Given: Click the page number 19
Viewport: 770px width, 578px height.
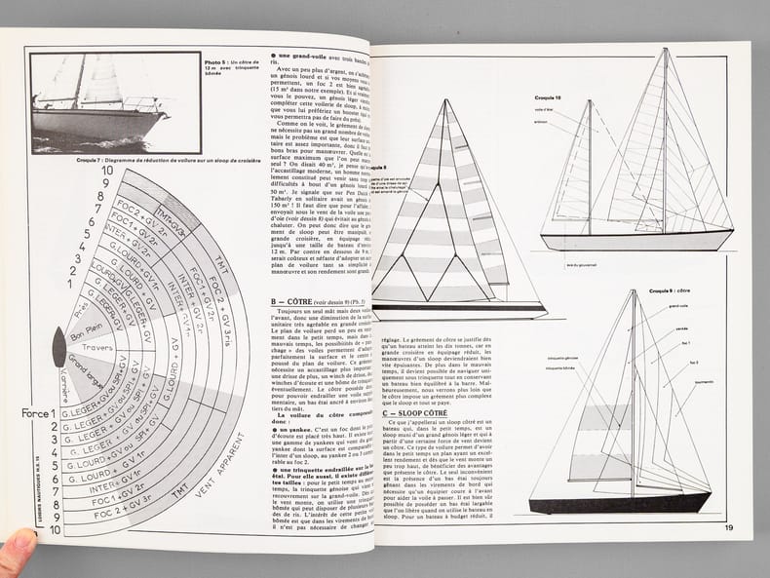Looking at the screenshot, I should tap(729, 529).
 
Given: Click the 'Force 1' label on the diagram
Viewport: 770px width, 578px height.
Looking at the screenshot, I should tap(40, 412).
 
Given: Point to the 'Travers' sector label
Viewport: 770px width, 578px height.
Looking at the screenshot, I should tap(98, 346).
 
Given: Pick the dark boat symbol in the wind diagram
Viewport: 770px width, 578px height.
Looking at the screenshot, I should tap(58, 347).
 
